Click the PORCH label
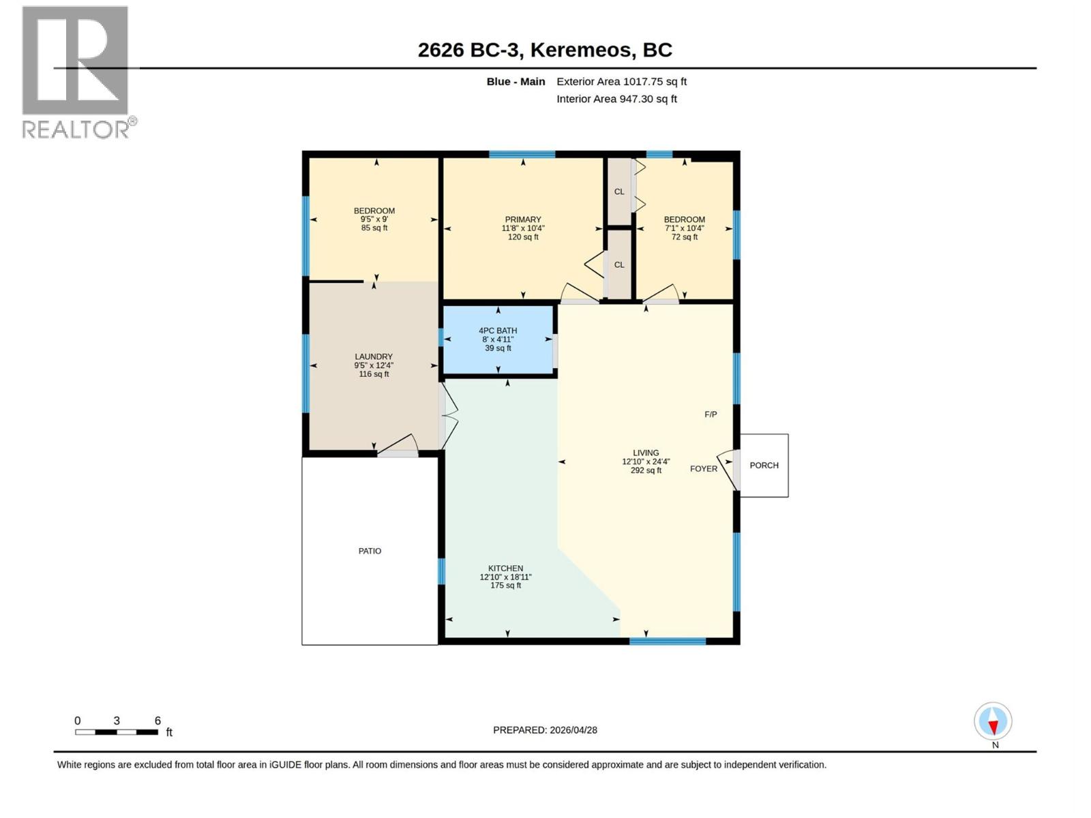coord(764,466)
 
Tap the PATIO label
coord(370,551)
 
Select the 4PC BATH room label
coord(498,331)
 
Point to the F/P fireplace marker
coord(711,414)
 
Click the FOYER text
coord(703,469)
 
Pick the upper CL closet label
coord(619,192)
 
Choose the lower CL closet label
coord(619,264)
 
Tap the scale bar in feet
coord(117,731)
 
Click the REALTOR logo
coord(76,72)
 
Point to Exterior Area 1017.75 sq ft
coord(621,82)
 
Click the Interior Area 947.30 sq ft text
coord(616,99)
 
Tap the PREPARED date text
coord(545,729)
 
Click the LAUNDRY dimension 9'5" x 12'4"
coord(374,365)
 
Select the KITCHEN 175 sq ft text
coord(505,586)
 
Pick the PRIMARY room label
coord(523,219)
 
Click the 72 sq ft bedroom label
coord(685,237)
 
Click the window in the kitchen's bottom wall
coord(667,641)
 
